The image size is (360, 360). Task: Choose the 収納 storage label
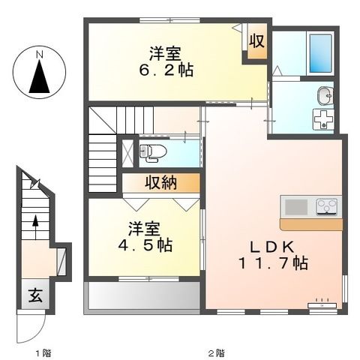[161, 182]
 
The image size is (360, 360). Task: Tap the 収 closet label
[256, 41]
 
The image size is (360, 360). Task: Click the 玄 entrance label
[36, 294]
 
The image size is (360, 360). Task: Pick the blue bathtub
[320, 52]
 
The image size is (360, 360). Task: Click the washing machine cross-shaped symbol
[325, 118]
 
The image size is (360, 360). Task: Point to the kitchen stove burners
[327, 205]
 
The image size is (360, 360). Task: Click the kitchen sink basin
[295, 205]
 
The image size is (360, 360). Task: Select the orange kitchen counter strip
[310, 223]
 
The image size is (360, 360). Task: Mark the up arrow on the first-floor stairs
[34, 226]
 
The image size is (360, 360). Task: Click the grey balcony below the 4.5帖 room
[142, 295]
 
